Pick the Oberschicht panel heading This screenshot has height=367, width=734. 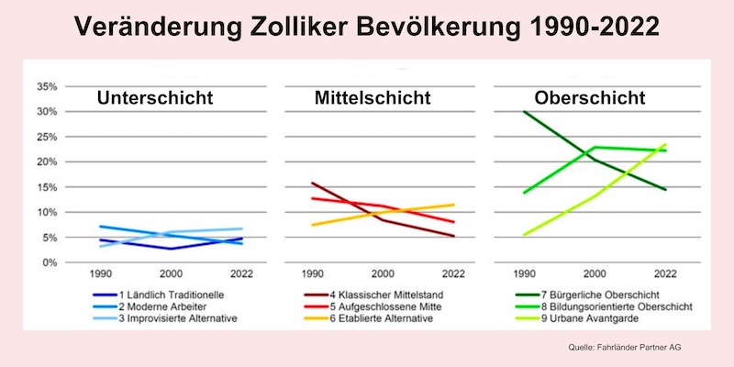point(592,98)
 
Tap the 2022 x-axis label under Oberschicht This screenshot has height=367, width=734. point(664,274)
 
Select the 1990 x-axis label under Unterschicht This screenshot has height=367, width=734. point(99,274)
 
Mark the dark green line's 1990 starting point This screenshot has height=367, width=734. point(523,112)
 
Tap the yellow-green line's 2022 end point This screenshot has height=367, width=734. point(665,144)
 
